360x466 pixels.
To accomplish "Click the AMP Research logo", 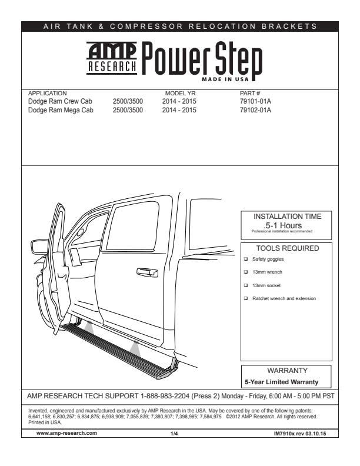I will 112,59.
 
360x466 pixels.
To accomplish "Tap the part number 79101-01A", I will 255,101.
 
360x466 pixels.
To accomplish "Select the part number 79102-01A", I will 255,109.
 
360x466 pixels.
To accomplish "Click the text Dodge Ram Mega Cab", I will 61,109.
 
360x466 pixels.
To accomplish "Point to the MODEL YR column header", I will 180,94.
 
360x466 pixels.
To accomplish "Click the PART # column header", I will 250,94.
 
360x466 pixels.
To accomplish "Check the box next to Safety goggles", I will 246,259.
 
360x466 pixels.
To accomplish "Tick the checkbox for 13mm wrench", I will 246,272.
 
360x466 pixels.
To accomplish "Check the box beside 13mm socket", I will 246,285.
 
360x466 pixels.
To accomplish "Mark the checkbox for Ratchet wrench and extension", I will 246,299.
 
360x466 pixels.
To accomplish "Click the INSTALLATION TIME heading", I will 287,217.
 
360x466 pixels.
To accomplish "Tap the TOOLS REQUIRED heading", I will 287,248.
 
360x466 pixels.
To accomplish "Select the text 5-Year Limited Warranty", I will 285,382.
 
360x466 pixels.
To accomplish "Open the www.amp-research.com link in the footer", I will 66,432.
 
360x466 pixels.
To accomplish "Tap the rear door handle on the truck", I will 147,272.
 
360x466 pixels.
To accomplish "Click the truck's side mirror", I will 40,247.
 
